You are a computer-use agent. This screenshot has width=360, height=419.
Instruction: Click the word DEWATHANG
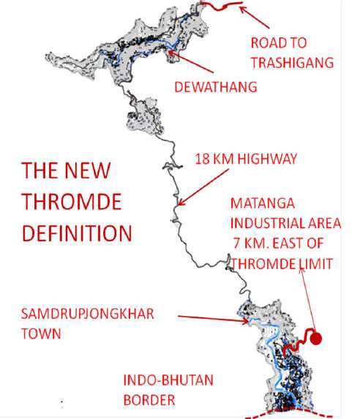pyautogui.click(x=215, y=88)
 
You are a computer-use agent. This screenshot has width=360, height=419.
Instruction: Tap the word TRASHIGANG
pyautogui.click(x=291, y=63)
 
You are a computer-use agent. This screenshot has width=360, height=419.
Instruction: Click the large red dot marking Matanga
pyautogui.click(x=316, y=338)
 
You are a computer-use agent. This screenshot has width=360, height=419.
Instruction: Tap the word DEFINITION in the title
pyautogui.click(x=76, y=233)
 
